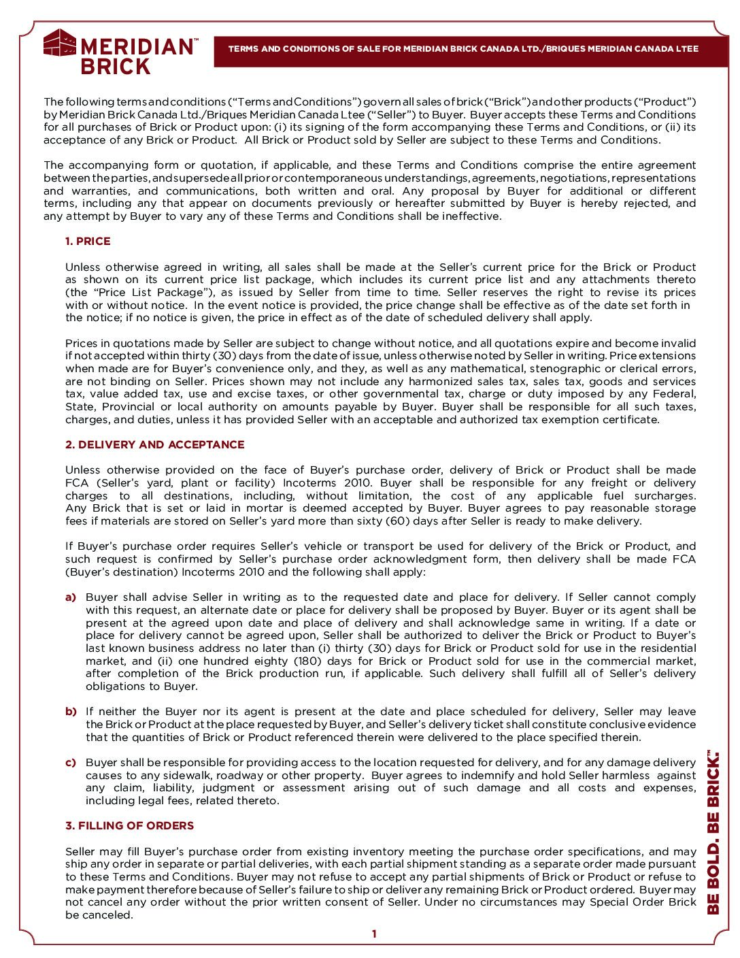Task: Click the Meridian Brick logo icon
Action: pyautogui.click(x=60, y=43)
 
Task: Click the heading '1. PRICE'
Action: pyautogui.click(x=88, y=242)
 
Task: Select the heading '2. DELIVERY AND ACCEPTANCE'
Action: pyautogui.click(x=154, y=445)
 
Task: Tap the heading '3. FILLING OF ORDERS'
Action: pyautogui.click(x=129, y=826)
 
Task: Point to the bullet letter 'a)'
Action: pyautogui.click(x=71, y=597)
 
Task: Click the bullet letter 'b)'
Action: pyautogui.click(x=71, y=712)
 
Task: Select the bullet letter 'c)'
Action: pyautogui.click(x=71, y=763)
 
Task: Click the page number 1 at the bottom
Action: pyautogui.click(x=373, y=934)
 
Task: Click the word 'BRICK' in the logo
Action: pyautogui.click(x=116, y=67)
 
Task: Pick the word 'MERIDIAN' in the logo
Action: pyautogui.click(x=137, y=46)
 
